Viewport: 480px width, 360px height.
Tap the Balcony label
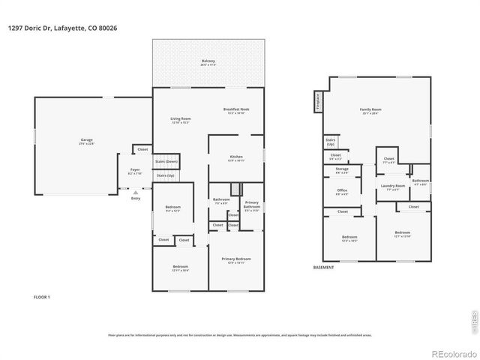click(x=208, y=62)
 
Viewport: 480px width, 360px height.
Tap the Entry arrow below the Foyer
click(x=136, y=193)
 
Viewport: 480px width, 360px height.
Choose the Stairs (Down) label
click(x=166, y=161)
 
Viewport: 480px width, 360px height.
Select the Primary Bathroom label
click(x=252, y=205)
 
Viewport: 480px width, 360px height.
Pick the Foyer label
click(x=135, y=171)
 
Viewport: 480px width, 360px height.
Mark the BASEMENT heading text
click(x=324, y=268)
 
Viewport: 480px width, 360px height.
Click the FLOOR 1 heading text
click(x=42, y=298)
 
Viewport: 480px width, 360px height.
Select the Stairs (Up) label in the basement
click(x=330, y=141)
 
